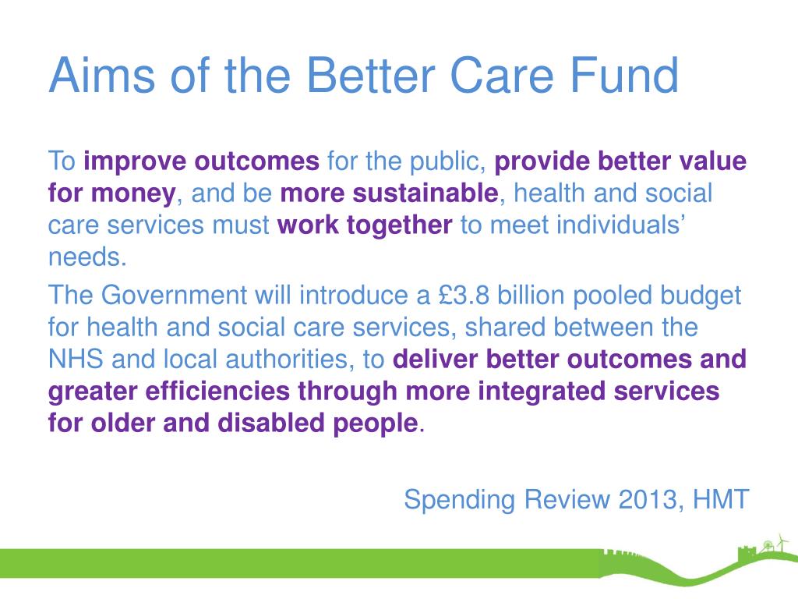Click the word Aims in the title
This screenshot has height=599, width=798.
[x=102, y=75]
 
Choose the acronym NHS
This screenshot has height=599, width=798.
[x=76, y=359]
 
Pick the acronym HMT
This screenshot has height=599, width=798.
[x=721, y=499]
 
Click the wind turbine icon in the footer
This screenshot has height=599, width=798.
[x=781, y=543]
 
